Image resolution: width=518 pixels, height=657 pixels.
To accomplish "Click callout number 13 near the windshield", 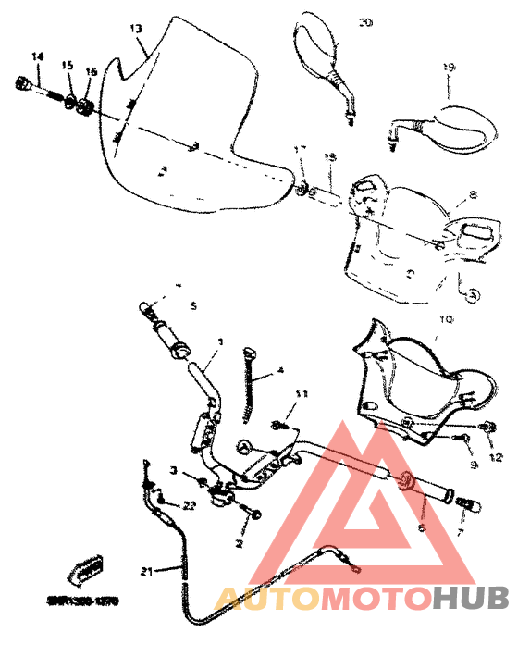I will click(x=136, y=29).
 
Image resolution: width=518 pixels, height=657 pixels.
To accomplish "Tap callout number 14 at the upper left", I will click(x=37, y=57).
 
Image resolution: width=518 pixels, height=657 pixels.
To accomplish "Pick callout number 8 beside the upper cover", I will click(x=473, y=195).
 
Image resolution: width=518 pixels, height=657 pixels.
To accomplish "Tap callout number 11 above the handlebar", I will click(x=299, y=395).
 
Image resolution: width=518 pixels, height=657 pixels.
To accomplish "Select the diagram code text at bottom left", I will click(x=83, y=599).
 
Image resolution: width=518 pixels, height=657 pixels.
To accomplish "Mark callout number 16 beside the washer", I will click(x=91, y=71).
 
